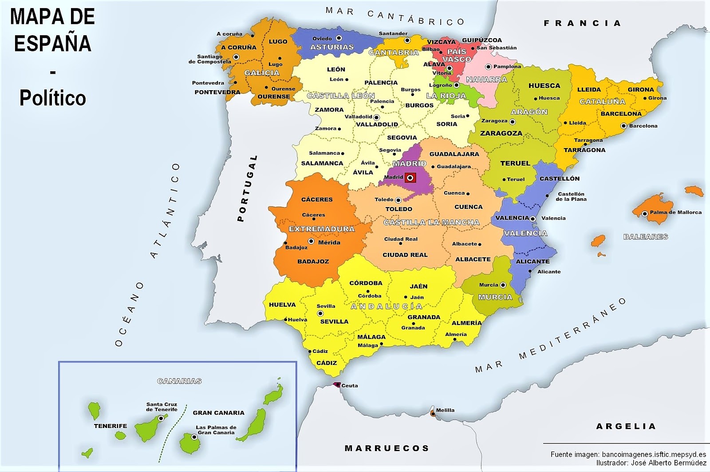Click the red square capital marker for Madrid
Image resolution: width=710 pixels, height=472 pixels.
click(x=410, y=178)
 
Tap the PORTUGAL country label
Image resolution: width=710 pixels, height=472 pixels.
click(x=248, y=188)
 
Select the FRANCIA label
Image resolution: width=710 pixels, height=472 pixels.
click(x=582, y=23)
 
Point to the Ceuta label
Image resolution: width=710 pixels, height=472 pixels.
click(x=349, y=385)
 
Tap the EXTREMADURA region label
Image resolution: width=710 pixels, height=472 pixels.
click(x=322, y=229)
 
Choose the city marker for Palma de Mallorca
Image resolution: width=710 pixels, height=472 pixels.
click(x=645, y=214)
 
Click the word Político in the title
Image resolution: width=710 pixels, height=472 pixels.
click(x=52, y=98)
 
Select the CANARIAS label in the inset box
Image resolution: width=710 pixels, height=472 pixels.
click(x=179, y=381)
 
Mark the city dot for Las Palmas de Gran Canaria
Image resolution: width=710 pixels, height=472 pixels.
click(x=194, y=437)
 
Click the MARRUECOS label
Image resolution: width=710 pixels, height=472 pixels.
click(x=387, y=448)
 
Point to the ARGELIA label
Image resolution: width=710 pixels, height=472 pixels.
click(x=626, y=426)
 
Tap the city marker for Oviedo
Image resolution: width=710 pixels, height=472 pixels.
click(x=339, y=38)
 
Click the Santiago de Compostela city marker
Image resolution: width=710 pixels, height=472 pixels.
click(x=236, y=57)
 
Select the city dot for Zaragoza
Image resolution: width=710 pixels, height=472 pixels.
click(x=513, y=121)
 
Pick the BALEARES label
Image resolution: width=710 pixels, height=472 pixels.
click(x=646, y=236)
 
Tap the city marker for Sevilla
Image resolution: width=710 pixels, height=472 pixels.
click(x=320, y=313)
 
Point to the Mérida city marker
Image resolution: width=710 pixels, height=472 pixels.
click(x=311, y=241)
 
